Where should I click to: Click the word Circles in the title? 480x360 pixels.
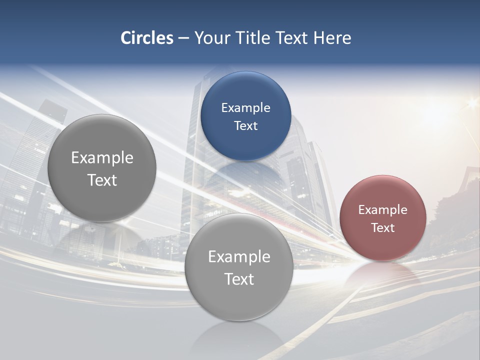coord(147,38)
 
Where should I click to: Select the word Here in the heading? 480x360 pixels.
coord(332,38)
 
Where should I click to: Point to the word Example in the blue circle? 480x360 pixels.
coord(246,107)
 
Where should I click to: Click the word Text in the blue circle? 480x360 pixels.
coord(246,125)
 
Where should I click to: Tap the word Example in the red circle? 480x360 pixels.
coord(383,209)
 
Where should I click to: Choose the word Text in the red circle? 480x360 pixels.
coord(383,227)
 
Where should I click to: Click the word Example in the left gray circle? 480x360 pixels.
coord(102,157)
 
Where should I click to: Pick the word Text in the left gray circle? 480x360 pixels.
coord(102,180)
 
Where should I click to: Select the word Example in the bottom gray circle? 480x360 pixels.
coord(239,256)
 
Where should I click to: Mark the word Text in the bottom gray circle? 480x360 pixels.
coord(239,279)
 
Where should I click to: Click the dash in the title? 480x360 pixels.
coord(183,38)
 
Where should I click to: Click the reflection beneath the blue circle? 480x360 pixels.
coord(246,175)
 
